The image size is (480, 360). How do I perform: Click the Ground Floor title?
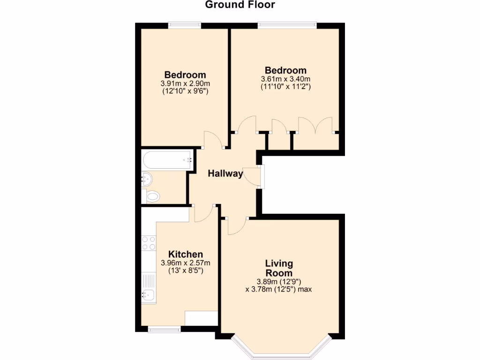pos(240,5)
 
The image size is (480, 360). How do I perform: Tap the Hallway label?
pos(225,174)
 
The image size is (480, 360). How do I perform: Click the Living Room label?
pos(279,268)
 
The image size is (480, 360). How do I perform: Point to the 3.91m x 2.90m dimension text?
pos(185,84)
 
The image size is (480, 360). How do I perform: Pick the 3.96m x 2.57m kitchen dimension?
pos(185,263)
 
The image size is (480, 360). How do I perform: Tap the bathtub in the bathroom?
pos(167,160)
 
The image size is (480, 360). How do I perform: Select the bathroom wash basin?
pos(146,178)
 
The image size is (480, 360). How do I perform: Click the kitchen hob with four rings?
pos(149,242)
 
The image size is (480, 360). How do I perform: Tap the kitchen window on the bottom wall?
pos(164,330)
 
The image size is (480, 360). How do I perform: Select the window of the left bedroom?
pos(185,24)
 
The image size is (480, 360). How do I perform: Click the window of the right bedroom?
pos(287,24)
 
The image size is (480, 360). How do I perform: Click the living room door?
pos(237,226)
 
